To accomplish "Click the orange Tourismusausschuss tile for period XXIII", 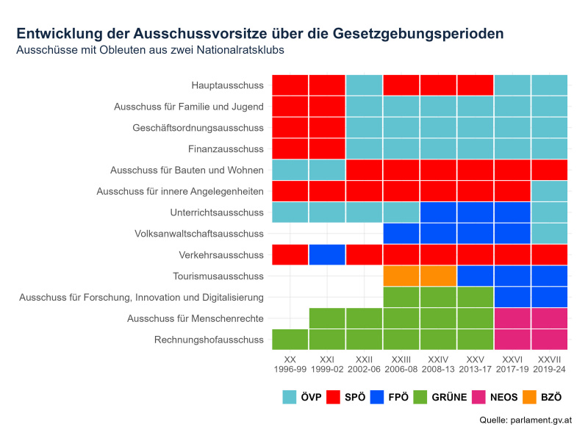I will (x=401, y=276).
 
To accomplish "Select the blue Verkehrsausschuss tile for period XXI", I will (x=327, y=255).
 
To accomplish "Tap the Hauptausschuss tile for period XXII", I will (x=365, y=85).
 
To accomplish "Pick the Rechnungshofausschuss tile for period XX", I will (x=290, y=340).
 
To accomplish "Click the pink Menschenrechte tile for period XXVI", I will (x=512, y=318).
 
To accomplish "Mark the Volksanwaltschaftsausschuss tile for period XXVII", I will (x=549, y=234).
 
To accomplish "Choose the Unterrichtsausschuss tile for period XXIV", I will (x=438, y=212).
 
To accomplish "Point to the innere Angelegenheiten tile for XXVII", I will (x=549, y=191).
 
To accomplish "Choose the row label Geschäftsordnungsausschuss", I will (x=198, y=128).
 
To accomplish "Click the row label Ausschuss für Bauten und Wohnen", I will (x=187, y=171).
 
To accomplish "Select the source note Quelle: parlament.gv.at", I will (x=525, y=421).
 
